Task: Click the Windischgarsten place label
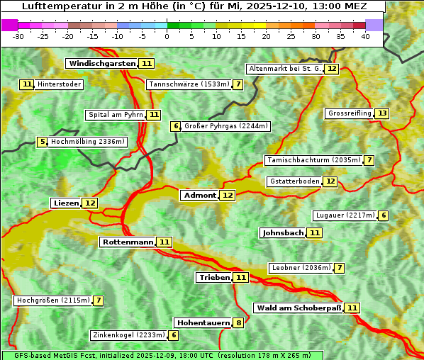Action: coord(101,64)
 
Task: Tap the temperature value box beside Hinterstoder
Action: coord(27,84)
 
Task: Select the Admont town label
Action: coord(199,195)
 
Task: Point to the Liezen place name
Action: coord(66,203)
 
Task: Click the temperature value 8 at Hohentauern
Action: coord(238,323)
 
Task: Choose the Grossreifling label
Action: coord(349,113)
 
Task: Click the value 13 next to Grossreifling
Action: coord(382,113)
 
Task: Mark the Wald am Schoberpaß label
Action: coord(298,308)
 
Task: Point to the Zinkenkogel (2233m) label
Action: coord(128,335)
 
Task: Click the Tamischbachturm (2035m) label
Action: coord(313,160)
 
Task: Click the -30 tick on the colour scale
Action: coord(19,36)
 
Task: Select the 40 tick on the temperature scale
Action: coord(365,36)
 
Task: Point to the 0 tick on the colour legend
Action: coord(167,36)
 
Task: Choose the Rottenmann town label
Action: coord(128,242)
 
